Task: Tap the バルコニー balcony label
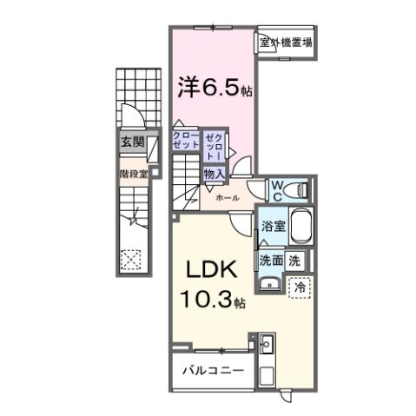click(212, 371)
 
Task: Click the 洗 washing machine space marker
click(294, 259)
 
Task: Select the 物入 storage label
click(214, 174)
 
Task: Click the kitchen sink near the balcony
click(265, 347)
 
